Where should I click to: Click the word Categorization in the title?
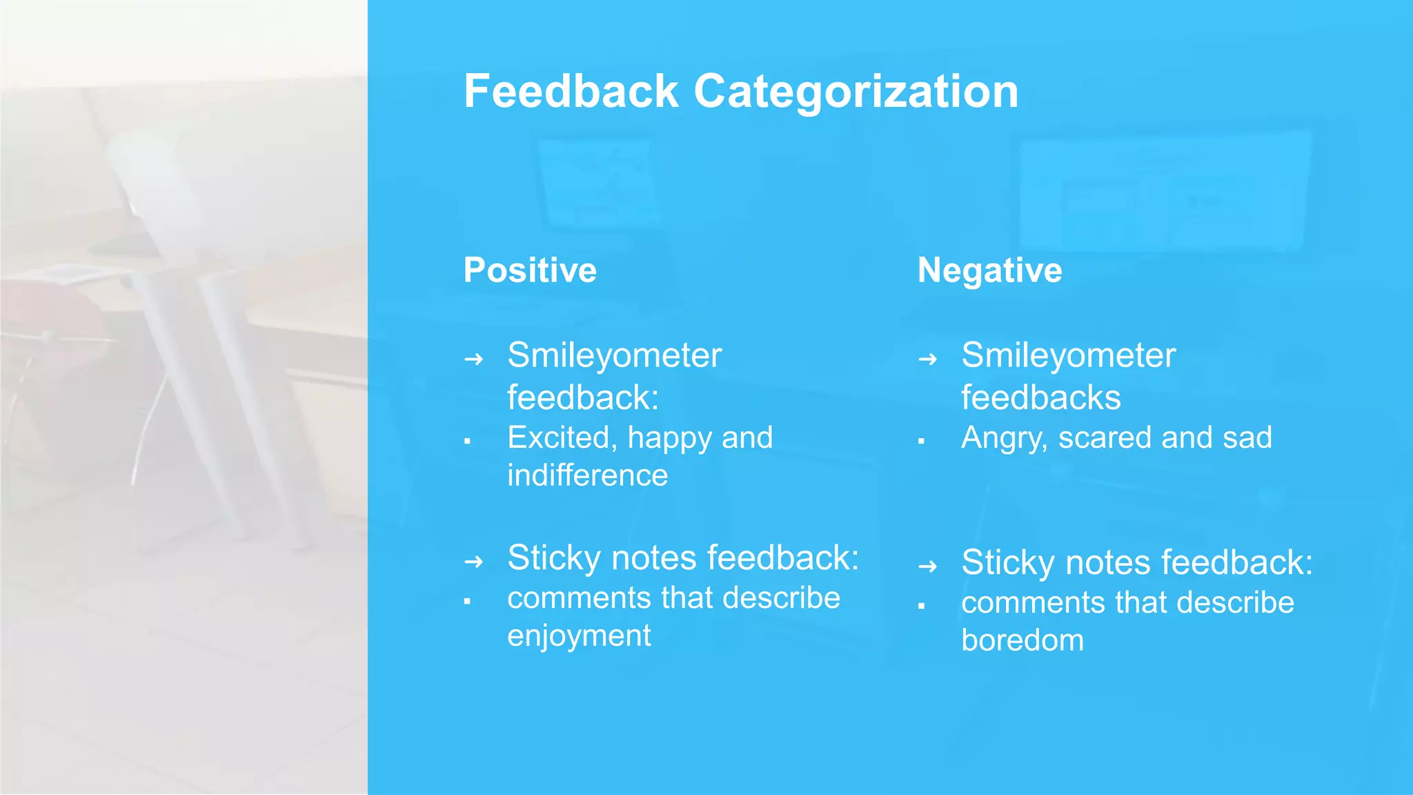[856, 92]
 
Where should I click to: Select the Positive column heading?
[530, 270]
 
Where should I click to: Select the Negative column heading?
[989, 270]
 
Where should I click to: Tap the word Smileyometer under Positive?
[614, 356]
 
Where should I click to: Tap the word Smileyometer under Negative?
[1068, 356]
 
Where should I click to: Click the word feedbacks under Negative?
[1040, 397]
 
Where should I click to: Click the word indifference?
[587, 475]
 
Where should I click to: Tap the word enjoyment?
[579, 636]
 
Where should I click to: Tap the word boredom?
[1022, 640]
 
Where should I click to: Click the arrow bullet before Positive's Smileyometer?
[473, 359]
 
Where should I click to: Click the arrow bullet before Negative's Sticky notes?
[927, 567]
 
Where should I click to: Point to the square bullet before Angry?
[921, 441]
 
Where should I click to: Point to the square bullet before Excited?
[467, 441]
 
